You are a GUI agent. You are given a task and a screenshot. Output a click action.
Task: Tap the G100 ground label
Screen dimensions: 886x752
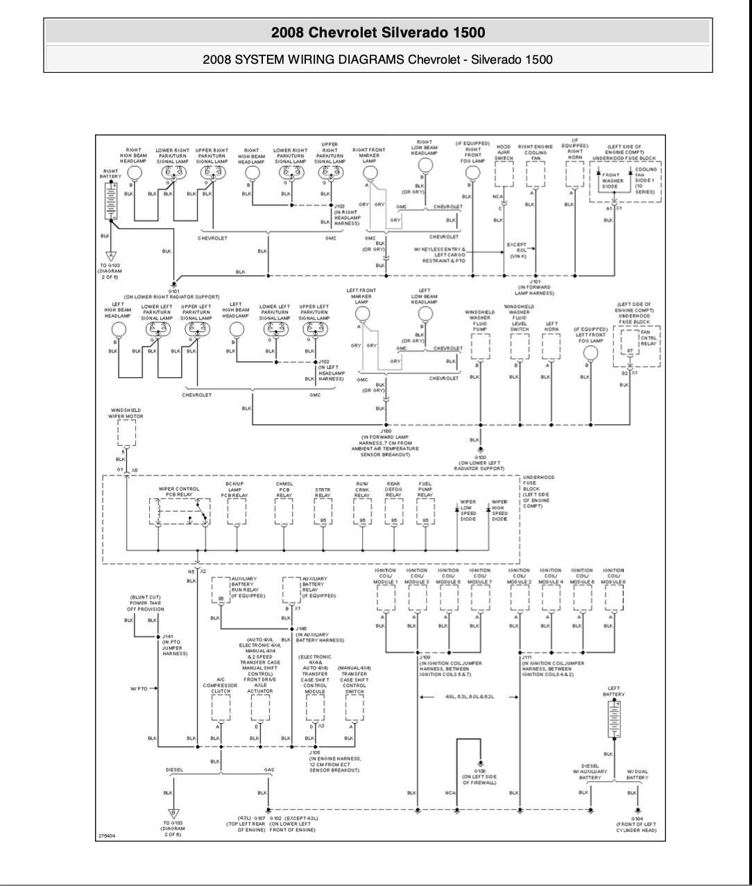[x=479, y=458]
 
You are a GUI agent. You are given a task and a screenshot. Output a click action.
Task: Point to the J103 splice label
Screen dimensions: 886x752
[x=339, y=206]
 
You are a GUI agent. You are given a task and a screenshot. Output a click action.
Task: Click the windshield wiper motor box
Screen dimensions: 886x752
[x=126, y=433]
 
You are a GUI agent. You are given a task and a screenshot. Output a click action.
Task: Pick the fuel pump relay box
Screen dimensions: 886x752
[x=426, y=511]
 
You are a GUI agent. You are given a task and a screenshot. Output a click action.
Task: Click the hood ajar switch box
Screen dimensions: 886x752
[x=504, y=176]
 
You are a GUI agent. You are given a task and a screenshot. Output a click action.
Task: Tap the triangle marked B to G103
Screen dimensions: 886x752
[x=173, y=814]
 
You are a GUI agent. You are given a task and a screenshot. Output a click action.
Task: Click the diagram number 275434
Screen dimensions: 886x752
[x=106, y=836]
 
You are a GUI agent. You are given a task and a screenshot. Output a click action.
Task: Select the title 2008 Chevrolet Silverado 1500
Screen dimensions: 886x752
[x=378, y=33]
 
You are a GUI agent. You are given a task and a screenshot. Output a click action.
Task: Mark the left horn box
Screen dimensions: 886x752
[x=552, y=345]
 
